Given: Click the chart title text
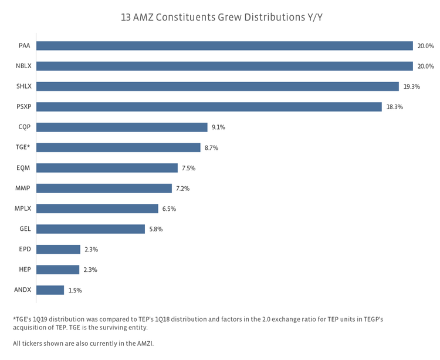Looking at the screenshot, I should (221, 16).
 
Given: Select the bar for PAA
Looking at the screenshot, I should (225, 46).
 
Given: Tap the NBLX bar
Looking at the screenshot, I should (225, 66).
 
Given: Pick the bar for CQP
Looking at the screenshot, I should (122, 127).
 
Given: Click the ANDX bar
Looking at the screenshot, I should (50, 290).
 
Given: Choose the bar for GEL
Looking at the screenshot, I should (90, 229).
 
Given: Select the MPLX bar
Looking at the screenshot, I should (97, 208).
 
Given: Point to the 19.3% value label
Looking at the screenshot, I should (412, 87).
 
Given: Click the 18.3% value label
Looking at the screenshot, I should (395, 107).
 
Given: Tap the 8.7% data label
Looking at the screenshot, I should (211, 148).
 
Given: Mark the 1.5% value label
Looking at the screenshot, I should (75, 290).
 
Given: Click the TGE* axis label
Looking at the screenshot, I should (23, 147).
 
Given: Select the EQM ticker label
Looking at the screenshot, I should (23, 168).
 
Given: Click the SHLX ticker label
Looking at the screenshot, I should (24, 86).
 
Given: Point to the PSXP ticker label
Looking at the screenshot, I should (24, 107).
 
